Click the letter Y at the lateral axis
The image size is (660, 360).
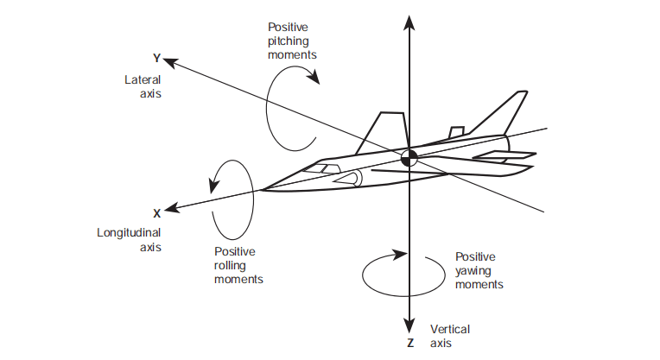156,58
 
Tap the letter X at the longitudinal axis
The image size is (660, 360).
156,212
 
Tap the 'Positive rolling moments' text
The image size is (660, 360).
238,266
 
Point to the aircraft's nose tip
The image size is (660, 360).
261,188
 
